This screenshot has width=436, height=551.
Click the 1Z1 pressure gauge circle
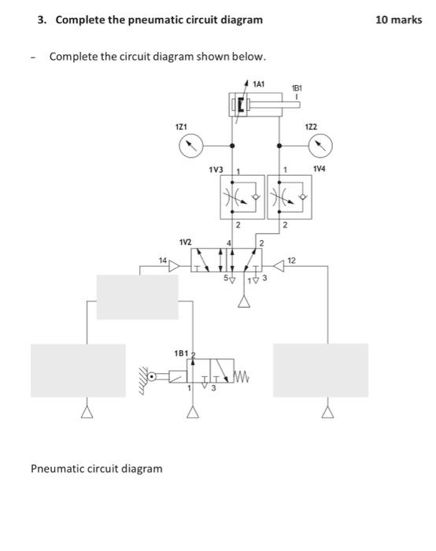[x=190, y=145]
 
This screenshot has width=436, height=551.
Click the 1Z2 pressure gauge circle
[x=320, y=145]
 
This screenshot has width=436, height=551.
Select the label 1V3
[x=216, y=169]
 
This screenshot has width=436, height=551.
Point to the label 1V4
[x=320, y=168]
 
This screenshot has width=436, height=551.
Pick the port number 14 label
[x=162, y=259]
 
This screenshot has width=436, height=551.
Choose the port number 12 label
[x=292, y=259]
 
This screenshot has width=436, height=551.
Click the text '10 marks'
[x=399, y=19]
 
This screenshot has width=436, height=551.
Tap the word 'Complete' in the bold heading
[x=76, y=19]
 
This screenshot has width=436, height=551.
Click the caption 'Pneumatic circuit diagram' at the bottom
[x=97, y=468]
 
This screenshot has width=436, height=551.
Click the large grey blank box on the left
[x=78, y=370]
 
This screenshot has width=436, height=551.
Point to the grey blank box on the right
[x=320, y=370]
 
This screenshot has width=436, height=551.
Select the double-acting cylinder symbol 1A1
[x=256, y=105]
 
